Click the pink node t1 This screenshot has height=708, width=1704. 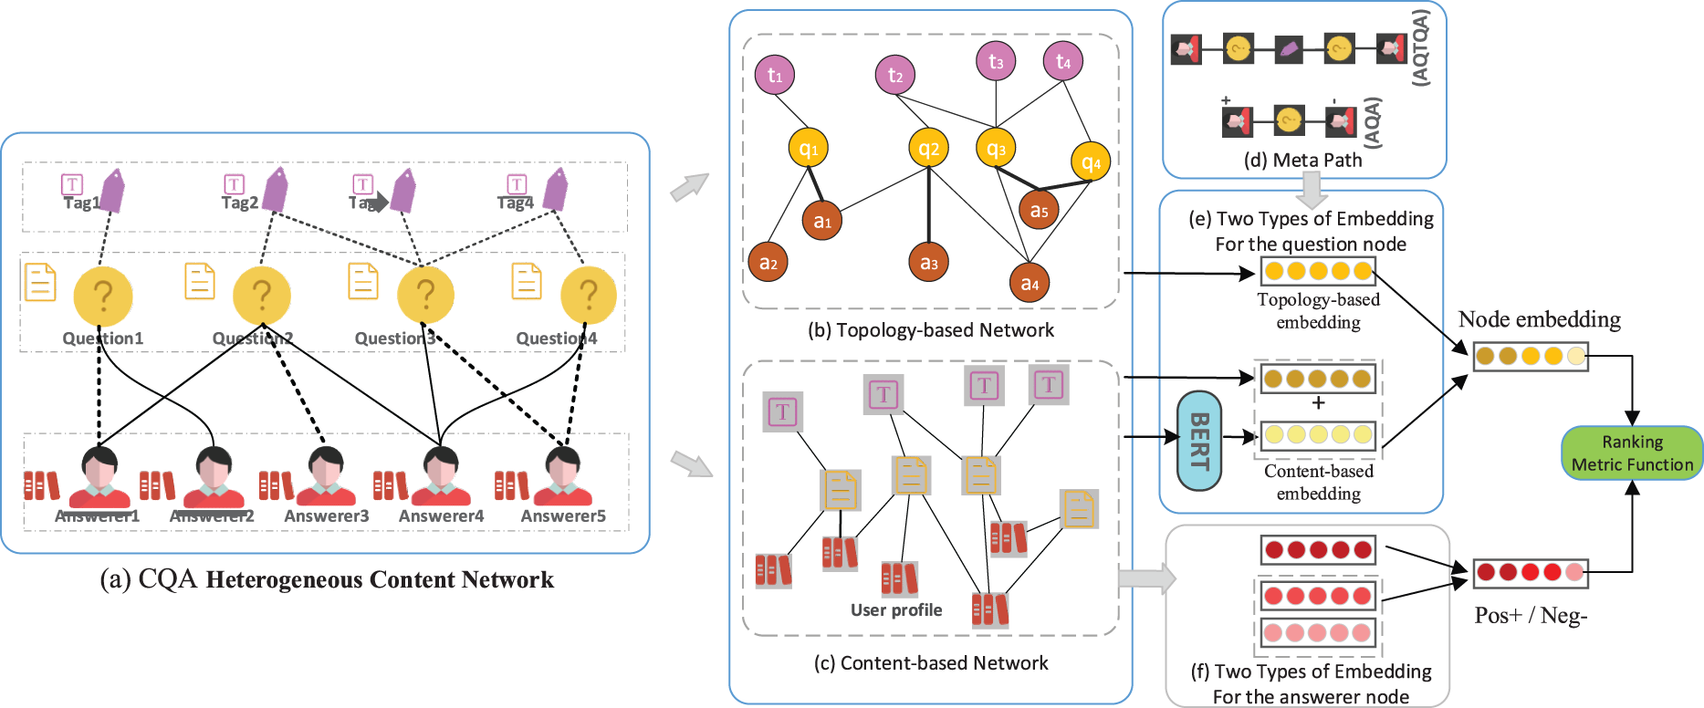775,75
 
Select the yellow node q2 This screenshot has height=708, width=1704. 929,149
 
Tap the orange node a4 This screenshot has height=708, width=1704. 1030,284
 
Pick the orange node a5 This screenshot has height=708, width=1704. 1039,211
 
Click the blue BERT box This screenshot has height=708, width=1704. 1199,441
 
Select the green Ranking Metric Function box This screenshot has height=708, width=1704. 1632,453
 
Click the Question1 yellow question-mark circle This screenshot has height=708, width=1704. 103,296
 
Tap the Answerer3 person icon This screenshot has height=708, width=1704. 326,477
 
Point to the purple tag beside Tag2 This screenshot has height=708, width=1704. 275,190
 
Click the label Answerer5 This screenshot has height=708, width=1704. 563,516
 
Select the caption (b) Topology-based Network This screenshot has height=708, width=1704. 930,330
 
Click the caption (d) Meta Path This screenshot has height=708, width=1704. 1302,161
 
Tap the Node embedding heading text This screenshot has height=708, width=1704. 1539,319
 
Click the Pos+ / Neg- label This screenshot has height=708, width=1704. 1531,616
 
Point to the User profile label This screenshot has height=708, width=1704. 896,610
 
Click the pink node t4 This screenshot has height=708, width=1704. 1063,61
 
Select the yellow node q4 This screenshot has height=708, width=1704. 1091,163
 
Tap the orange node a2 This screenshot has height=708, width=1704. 768,263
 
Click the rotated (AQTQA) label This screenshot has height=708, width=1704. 1420,47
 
